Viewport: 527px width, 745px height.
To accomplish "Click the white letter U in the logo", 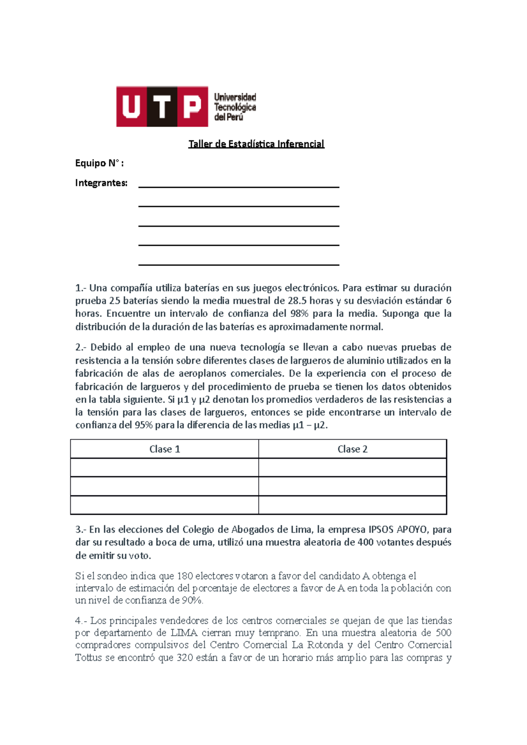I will click(131, 107).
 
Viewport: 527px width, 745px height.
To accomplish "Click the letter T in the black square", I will click(162, 107).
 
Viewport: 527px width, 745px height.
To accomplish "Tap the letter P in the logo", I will click(192, 107).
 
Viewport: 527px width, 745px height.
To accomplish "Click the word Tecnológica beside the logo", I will click(235, 107).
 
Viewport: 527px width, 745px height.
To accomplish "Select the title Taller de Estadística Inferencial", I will click(256, 144).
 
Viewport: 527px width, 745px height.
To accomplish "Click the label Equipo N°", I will click(99, 163).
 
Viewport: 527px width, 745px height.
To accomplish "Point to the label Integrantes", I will click(101, 183).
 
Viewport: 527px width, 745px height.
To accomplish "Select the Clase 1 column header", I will click(165, 449).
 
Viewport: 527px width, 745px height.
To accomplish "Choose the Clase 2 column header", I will click(352, 449).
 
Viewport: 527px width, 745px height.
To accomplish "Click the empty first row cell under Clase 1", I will click(165, 468).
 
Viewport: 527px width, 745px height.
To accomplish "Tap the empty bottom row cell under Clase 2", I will click(352, 505).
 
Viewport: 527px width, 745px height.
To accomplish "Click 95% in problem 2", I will click(143, 425).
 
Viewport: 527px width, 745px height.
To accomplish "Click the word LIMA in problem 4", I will click(184, 633).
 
